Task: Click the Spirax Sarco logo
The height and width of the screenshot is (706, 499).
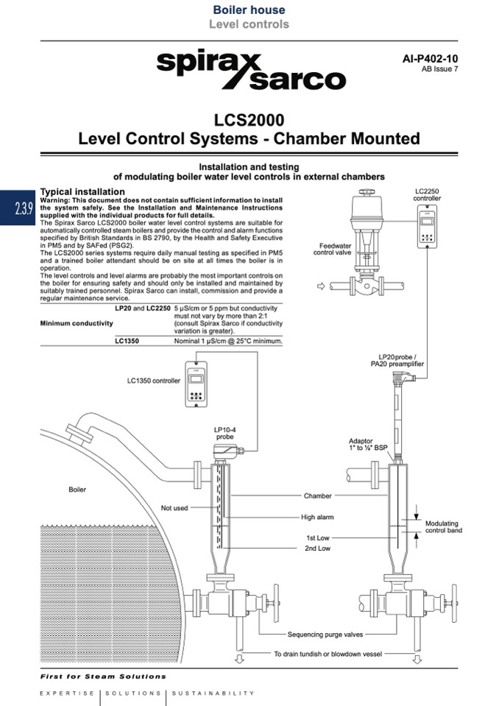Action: [x=250, y=69]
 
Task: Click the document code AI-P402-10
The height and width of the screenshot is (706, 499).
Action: [x=430, y=57]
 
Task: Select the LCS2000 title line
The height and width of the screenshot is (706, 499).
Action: [x=249, y=119]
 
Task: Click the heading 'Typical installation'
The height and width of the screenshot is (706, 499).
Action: [x=82, y=191]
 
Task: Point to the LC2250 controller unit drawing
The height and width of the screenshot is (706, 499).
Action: [x=427, y=224]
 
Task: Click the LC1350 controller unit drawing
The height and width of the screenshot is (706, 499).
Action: [x=197, y=384]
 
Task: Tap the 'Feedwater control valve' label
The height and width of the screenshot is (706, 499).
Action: [x=334, y=249]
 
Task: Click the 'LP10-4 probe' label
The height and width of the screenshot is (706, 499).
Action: [x=224, y=432]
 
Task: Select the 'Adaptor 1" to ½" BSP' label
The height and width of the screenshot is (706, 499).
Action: [x=368, y=444]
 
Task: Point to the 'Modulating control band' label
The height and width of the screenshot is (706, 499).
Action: [x=444, y=527]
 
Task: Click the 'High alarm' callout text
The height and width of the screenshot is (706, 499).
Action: [x=317, y=518]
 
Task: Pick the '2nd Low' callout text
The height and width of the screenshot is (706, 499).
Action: [x=317, y=548]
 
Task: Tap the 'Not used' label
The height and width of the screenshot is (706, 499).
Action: [x=174, y=508]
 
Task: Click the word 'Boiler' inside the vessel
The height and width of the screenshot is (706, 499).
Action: [x=77, y=490]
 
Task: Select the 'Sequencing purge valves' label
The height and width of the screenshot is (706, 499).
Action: [x=325, y=634]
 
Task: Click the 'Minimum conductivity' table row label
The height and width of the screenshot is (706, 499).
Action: [x=77, y=323]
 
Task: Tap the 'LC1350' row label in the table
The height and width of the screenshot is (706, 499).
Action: [x=127, y=342]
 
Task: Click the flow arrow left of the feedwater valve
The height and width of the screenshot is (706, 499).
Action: [x=319, y=285]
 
